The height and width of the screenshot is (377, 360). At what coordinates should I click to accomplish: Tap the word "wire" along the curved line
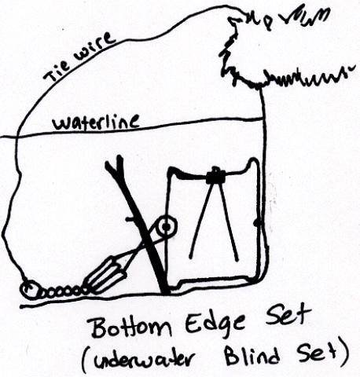click(94, 46)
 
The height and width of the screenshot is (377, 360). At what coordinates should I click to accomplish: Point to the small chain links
click(62, 291)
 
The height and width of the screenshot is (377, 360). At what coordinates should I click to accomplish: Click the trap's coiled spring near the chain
click(105, 276)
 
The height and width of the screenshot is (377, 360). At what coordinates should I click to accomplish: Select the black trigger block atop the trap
click(215, 176)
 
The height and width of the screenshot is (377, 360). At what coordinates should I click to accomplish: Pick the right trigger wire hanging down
click(229, 221)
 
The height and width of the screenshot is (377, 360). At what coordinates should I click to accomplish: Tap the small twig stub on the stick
click(131, 219)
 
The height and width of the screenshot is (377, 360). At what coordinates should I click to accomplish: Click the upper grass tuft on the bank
click(277, 18)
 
